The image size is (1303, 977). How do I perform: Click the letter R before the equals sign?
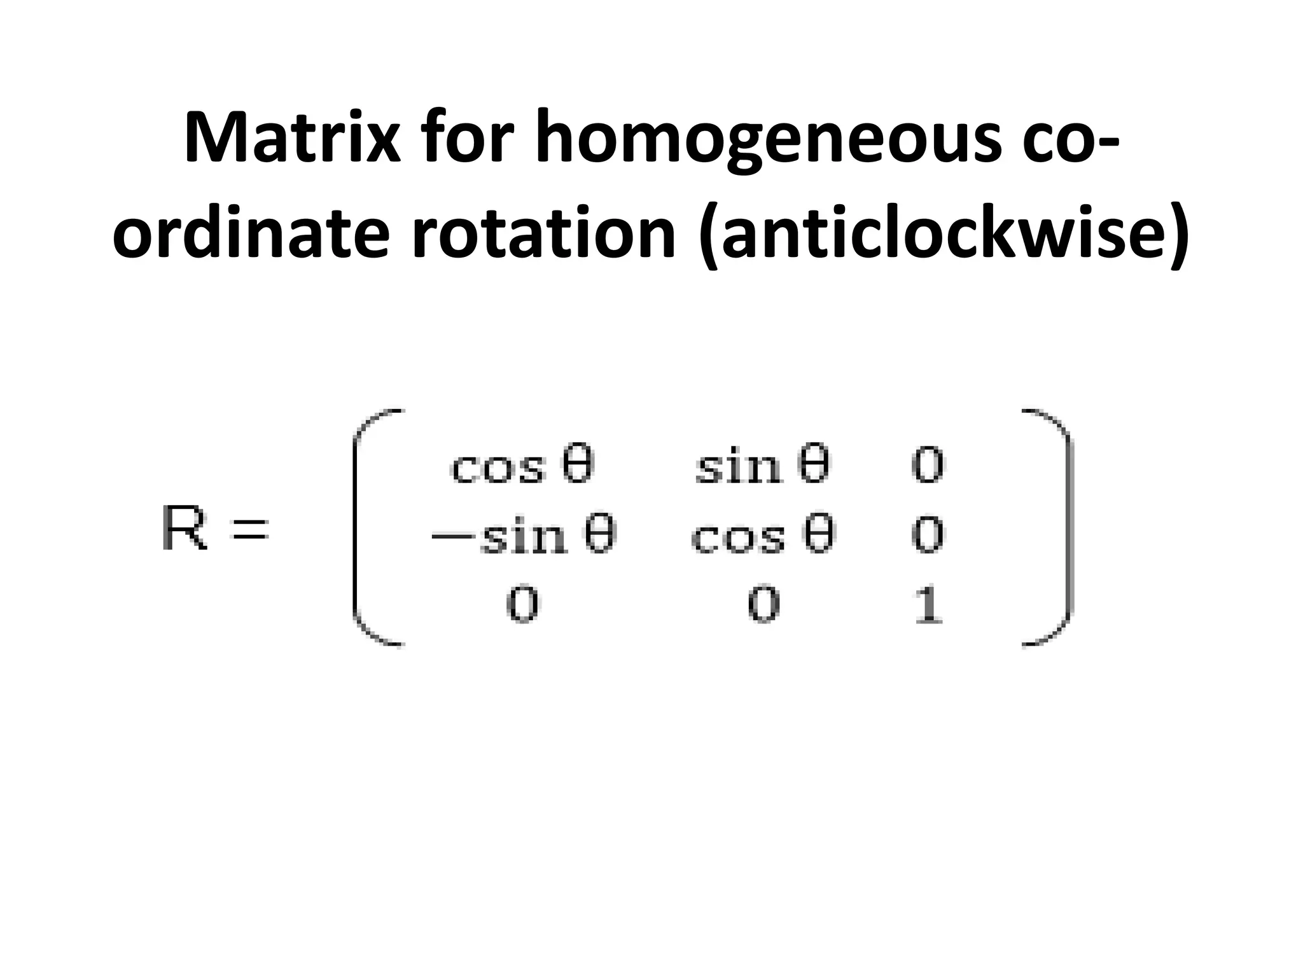184,527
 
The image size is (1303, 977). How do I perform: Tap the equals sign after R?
249,529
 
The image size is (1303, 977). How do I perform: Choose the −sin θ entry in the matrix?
523,536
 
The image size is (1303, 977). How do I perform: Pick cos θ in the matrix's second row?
762,536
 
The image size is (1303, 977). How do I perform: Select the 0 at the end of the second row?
928,535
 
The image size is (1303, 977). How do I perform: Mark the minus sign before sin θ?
452,536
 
